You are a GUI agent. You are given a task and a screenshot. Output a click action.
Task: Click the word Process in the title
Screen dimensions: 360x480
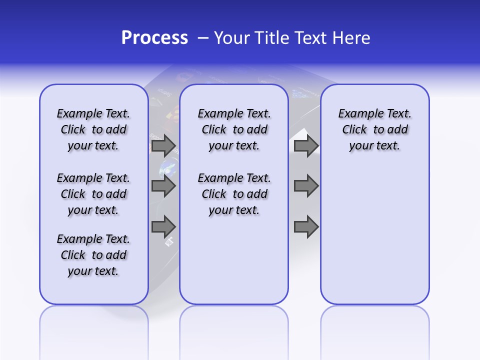pos(154,38)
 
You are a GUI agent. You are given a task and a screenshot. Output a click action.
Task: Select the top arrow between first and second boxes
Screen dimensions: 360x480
pos(163,145)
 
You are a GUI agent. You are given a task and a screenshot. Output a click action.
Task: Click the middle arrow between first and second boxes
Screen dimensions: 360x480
pos(163,186)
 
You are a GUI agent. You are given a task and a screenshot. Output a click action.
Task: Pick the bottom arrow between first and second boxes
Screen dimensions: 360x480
pos(163,226)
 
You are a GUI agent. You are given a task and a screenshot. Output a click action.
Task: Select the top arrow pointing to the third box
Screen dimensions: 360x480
pos(306,145)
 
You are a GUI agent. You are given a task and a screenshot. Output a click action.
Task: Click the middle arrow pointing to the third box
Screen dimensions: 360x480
pos(306,186)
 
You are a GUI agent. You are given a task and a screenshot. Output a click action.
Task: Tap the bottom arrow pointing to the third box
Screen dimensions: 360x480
pos(306,226)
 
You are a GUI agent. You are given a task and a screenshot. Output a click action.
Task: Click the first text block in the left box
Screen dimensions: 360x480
pos(93,129)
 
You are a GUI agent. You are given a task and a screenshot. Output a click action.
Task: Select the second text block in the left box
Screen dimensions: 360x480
pos(93,194)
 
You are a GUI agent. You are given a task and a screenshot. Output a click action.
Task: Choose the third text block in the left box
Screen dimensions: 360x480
pos(93,255)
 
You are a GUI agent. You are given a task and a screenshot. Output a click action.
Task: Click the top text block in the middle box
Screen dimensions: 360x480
pos(234,129)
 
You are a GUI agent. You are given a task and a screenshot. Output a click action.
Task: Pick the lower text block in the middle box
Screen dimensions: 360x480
pos(234,194)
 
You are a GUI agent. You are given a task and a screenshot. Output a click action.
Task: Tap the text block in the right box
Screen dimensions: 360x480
pos(375,129)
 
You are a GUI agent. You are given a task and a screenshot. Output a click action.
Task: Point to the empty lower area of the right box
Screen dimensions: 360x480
pos(375,235)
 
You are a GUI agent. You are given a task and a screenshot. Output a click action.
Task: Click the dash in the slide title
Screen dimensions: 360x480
pos(203,38)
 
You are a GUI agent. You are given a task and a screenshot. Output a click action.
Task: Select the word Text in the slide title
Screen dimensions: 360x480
pos(308,38)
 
